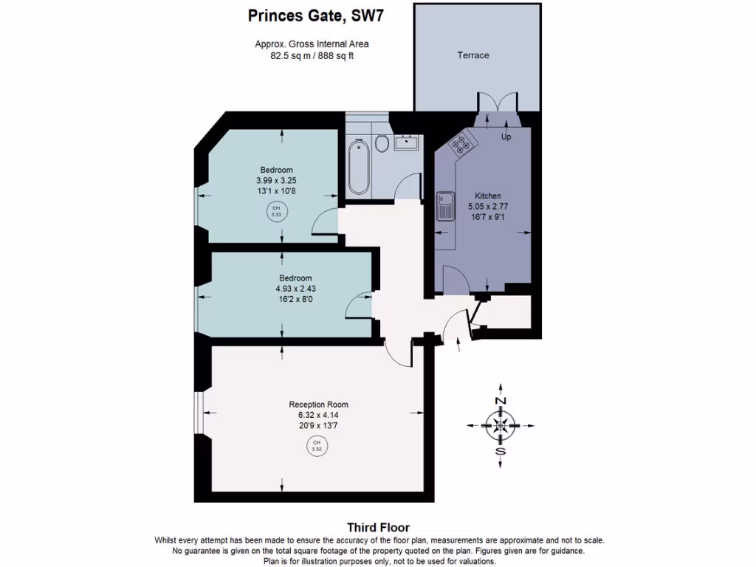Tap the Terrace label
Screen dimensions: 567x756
click(x=472, y=55)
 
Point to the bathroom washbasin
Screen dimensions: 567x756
click(x=406, y=142)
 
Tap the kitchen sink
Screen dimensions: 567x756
click(x=445, y=206)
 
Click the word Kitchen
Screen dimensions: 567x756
click(x=488, y=196)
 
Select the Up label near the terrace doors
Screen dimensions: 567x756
click(x=506, y=137)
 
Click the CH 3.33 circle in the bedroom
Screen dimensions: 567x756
click(x=277, y=212)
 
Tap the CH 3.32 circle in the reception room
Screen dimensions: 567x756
click(x=317, y=446)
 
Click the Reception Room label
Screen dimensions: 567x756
click(x=318, y=405)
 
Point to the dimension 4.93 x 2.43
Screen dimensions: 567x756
click(x=295, y=289)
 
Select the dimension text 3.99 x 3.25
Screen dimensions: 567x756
click(x=276, y=179)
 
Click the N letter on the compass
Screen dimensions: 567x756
click(x=501, y=400)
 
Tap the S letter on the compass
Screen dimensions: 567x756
click(x=501, y=452)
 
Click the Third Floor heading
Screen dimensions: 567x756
click(x=378, y=527)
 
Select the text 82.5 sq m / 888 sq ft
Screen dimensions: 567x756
click(x=312, y=55)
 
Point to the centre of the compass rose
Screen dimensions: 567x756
click(x=501, y=425)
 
